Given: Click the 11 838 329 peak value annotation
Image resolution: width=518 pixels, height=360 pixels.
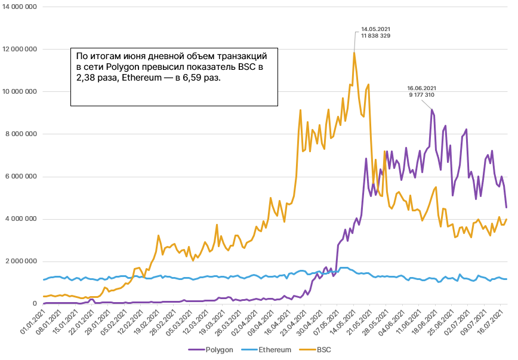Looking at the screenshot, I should [x=376, y=36].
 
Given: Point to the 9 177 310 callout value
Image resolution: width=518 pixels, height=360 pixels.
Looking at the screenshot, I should [x=421, y=95].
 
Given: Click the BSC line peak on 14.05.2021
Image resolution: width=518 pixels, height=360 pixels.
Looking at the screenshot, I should [x=354, y=53].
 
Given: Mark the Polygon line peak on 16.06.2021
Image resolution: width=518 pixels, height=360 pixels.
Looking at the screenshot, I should [x=431, y=109].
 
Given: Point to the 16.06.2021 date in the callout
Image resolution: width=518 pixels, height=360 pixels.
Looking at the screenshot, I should [x=421, y=88].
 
